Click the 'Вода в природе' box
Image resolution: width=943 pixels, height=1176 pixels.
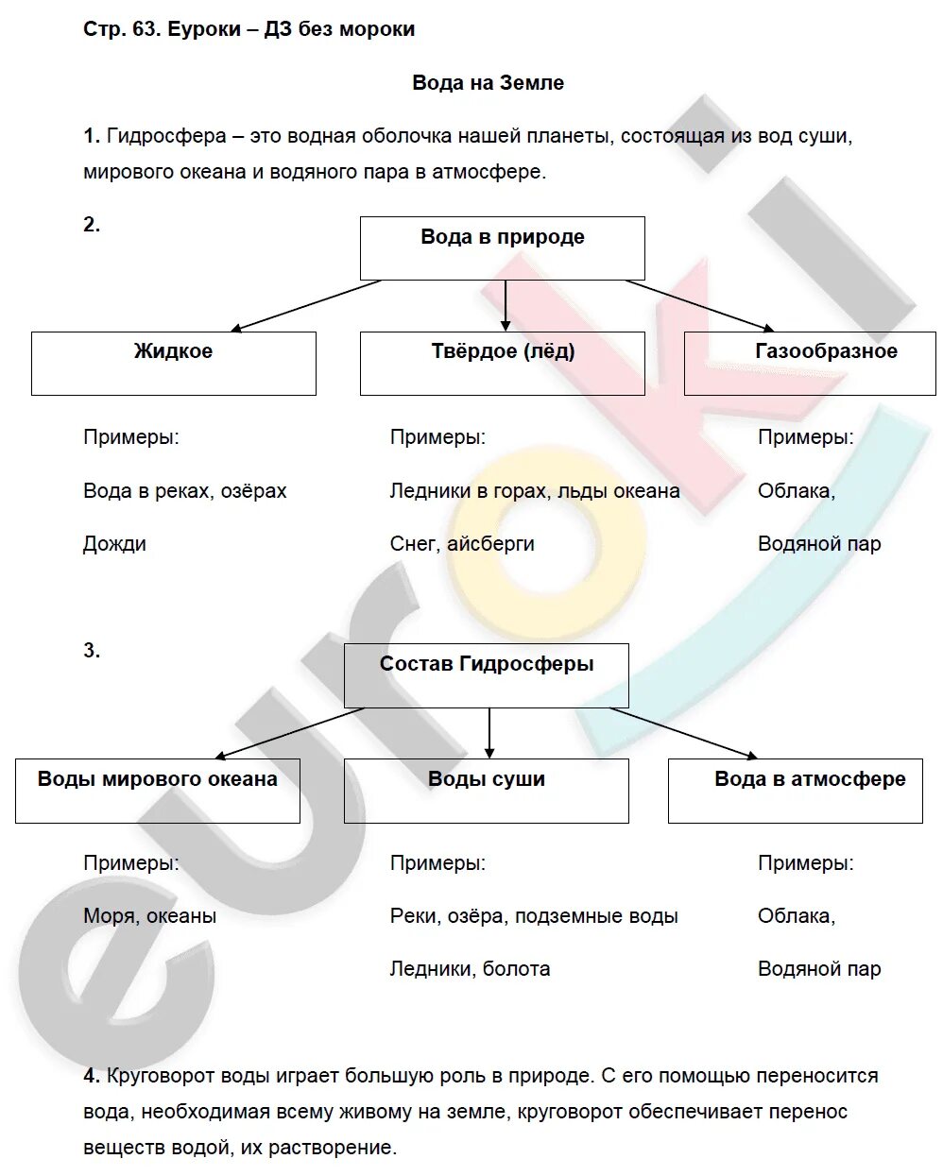click(502, 247)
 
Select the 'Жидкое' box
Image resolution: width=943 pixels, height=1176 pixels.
click(173, 363)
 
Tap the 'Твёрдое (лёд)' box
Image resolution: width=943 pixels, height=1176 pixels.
click(502, 363)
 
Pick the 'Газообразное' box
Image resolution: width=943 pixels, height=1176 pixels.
click(810, 363)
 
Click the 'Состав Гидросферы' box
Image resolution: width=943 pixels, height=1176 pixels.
click(486, 675)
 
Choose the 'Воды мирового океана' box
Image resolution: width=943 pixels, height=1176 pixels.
click(157, 791)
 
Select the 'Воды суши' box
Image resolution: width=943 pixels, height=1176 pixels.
click(486, 791)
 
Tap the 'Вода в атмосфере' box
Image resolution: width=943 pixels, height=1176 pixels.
click(795, 791)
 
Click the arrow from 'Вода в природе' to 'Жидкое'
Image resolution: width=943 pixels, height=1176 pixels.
click(305, 306)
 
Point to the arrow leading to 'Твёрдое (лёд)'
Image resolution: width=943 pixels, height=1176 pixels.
click(506, 306)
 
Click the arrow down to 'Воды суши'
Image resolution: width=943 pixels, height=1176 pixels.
click(489, 733)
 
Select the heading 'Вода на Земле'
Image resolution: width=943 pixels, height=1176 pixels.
click(488, 83)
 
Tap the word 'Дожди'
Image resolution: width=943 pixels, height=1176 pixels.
click(114, 544)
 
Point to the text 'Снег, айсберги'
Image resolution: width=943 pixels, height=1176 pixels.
click(462, 544)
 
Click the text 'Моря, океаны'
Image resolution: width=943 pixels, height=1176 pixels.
click(149, 916)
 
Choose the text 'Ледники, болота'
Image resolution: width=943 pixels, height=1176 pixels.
click(470, 969)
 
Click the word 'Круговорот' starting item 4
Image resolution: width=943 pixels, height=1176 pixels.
click(161, 1076)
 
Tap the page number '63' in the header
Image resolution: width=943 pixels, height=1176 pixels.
click(144, 29)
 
